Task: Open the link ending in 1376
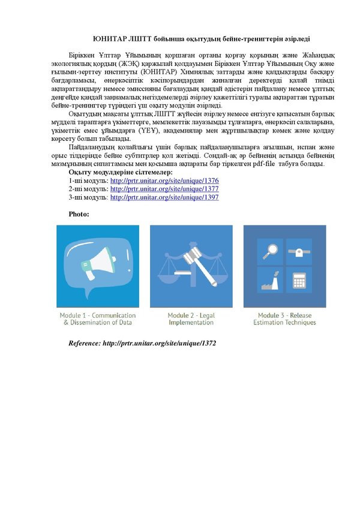point(164,180)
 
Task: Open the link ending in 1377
point(164,189)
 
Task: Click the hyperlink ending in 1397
point(164,197)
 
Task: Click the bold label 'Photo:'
point(79,213)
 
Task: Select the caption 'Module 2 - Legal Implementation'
point(191,319)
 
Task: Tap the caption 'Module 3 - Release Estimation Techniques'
point(284,319)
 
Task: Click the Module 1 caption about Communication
point(97,319)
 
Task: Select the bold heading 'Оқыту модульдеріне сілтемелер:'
point(120,172)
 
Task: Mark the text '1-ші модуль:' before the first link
point(88,180)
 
